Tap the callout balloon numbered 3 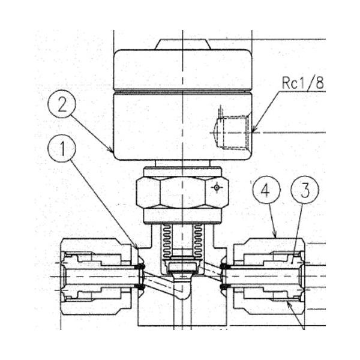coord(305,191)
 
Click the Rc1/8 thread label coord(302,83)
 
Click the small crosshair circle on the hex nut coord(217,187)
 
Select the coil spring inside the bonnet coord(182,240)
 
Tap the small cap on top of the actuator coord(182,44)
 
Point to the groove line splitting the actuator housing coord(182,92)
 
